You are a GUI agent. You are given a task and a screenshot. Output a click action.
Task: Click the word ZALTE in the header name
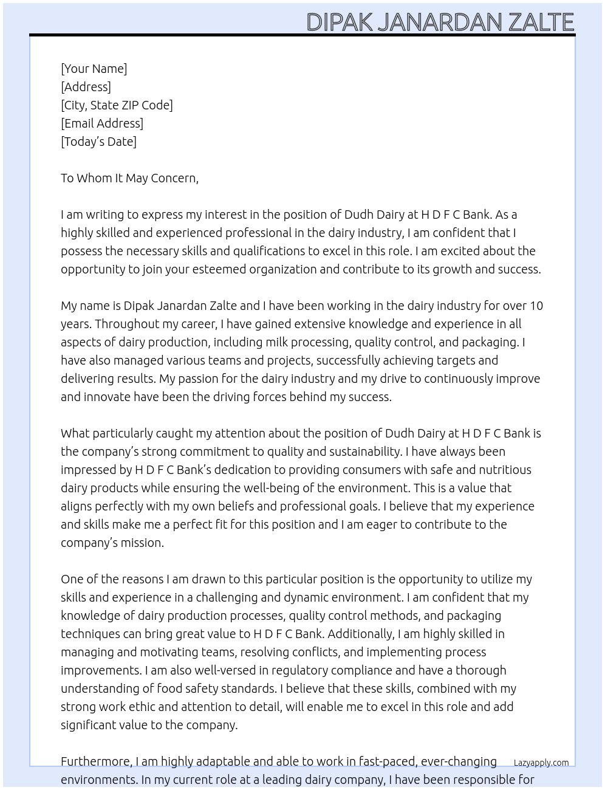tap(541, 22)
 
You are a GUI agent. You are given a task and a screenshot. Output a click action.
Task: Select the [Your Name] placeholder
tap(94, 69)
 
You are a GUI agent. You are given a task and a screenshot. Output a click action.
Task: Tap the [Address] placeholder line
tap(86, 87)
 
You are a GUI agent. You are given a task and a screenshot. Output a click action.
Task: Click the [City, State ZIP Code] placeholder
tap(117, 105)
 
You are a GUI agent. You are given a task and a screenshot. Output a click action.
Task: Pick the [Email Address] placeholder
tap(102, 123)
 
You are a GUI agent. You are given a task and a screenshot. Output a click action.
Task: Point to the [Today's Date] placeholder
tap(98, 142)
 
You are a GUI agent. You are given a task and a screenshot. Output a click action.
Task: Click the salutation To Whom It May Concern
tap(129, 178)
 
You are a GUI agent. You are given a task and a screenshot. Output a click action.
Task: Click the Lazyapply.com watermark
tap(541, 763)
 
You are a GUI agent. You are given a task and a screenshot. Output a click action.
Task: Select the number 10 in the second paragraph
tap(536, 306)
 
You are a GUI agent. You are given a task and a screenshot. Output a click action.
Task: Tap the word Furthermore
tap(97, 761)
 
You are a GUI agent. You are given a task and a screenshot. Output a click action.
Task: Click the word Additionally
tap(361, 634)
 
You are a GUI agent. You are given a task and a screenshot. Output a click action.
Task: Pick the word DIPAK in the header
tap(340, 22)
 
